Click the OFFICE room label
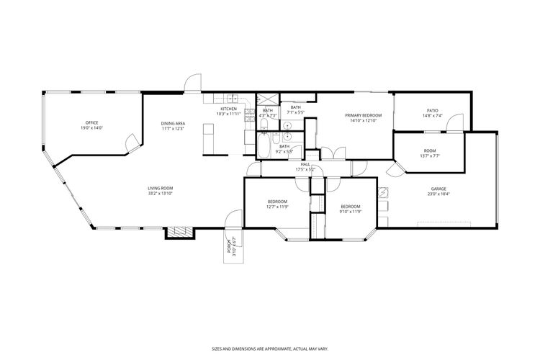click(92, 123)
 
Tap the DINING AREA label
click(173, 123)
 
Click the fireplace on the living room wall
click(180, 232)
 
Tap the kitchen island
click(210, 139)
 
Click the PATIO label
click(432, 111)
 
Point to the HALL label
click(305, 164)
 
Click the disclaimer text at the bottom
click(269, 346)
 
